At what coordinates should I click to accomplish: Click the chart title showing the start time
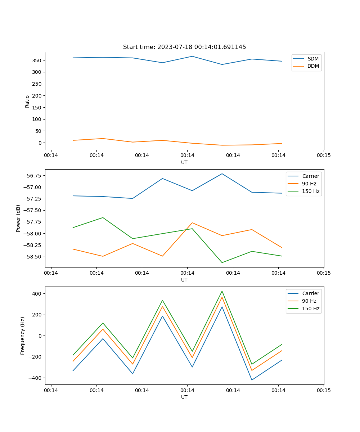(184, 47)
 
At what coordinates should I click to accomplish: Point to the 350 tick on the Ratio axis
(37, 60)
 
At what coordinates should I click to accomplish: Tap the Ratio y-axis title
(27, 101)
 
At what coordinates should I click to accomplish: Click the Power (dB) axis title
(18, 218)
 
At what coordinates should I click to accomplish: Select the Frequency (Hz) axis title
(23, 336)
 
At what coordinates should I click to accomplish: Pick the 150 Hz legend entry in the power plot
(311, 191)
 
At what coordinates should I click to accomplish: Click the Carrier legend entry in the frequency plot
(311, 293)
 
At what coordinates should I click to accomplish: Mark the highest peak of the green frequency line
(222, 291)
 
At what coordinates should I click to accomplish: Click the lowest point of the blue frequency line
(252, 380)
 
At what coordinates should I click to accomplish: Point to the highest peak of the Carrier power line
(222, 174)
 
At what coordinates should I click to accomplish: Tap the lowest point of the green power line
(222, 262)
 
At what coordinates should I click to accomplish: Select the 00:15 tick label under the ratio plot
(324, 156)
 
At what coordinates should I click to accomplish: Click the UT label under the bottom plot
(184, 397)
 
